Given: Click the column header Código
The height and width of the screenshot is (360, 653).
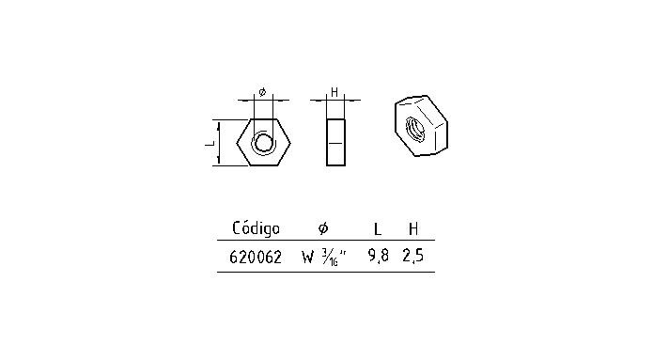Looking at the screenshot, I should [256, 228].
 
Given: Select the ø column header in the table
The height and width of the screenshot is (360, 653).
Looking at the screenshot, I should [322, 228].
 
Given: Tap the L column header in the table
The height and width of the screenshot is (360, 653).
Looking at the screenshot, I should [377, 228].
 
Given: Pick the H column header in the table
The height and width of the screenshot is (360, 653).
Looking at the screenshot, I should [412, 228].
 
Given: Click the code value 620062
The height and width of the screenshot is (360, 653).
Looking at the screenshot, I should [256, 256].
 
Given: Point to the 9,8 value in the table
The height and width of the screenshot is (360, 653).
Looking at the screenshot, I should [378, 256].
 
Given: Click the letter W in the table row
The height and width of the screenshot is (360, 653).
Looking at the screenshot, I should [307, 256].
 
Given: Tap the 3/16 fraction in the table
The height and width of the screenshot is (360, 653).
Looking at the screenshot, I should [331, 256].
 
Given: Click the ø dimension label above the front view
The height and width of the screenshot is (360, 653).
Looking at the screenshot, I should [262, 91].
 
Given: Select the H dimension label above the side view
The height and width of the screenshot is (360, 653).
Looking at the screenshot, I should [334, 91].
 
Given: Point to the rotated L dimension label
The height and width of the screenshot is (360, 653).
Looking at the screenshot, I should [210, 143].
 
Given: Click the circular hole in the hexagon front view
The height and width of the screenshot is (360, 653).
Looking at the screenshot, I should [264, 143].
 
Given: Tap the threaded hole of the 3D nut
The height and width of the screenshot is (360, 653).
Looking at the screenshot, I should [416, 127].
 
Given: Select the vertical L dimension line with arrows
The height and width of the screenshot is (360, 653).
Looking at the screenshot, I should [220, 143].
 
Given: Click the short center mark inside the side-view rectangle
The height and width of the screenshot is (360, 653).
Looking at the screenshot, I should [335, 143].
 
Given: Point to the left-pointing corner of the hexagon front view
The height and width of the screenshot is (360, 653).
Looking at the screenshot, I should [238, 143].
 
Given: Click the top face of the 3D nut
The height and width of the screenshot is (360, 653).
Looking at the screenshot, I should [422, 103].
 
